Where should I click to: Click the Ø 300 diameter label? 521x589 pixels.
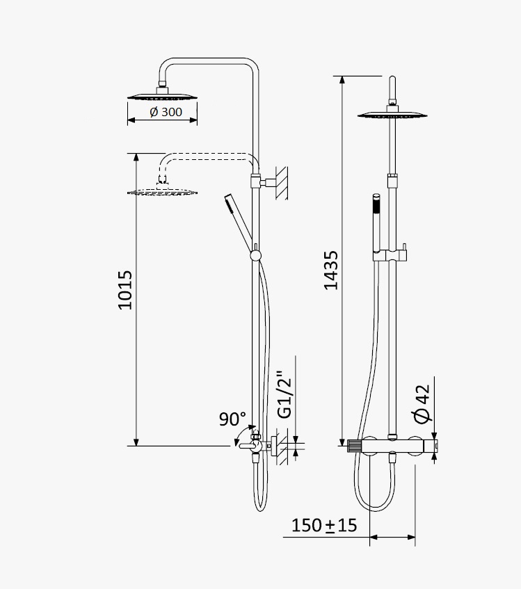point(166,112)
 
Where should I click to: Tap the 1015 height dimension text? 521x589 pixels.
point(125,290)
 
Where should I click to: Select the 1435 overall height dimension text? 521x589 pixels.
point(331,271)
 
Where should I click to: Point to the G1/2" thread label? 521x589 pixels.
point(284,395)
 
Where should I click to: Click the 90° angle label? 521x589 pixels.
point(232,419)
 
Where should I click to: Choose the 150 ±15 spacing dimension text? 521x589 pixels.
point(324,525)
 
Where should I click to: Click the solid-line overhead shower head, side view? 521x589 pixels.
point(162,95)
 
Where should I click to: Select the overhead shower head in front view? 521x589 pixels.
point(392,113)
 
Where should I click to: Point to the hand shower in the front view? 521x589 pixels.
point(376,224)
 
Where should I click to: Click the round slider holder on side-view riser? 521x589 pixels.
point(255,256)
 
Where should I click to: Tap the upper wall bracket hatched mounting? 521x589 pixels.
point(282,183)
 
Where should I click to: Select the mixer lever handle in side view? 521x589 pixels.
point(248,446)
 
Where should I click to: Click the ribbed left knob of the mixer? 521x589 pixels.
point(354,446)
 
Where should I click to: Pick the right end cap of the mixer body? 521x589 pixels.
point(431,446)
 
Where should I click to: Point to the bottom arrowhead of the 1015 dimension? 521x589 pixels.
point(136,442)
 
